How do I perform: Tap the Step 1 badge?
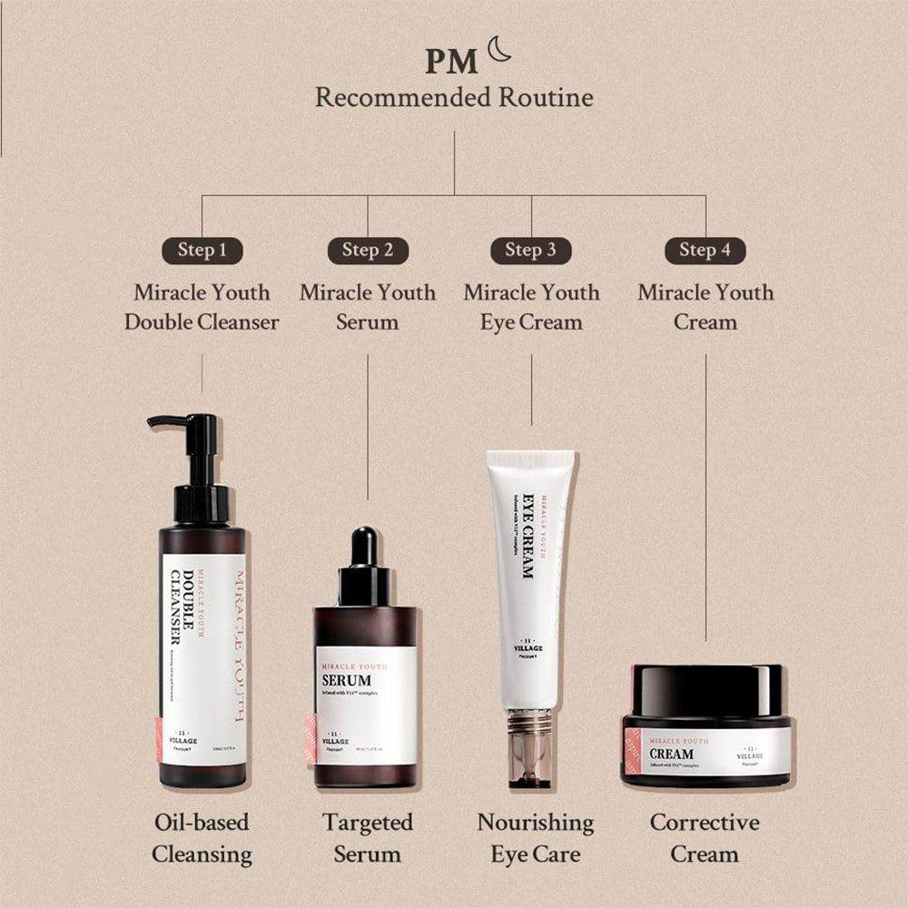click(202, 251)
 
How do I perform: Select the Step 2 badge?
click(368, 251)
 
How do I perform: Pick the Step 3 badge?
click(531, 251)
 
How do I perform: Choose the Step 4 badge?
click(706, 251)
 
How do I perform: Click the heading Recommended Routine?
click(454, 97)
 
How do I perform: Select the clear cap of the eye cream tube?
click(531, 749)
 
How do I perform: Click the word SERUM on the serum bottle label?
click(347, 680)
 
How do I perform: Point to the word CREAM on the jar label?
click(673, 754)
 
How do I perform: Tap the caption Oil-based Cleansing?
click(202, 838)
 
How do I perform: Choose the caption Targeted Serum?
click(367, 838)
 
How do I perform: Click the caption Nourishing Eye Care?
click(535, 838)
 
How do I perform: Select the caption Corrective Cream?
click(705, 838)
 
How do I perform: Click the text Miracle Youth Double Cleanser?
click(202, 307)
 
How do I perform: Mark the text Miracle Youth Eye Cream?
click(531, 307)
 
